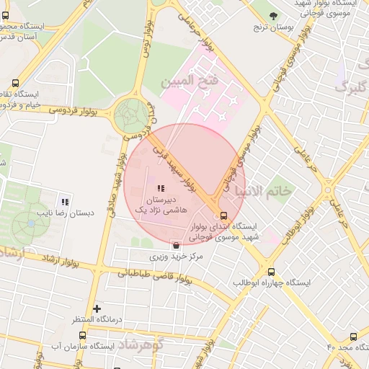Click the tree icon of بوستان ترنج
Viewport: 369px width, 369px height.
272,16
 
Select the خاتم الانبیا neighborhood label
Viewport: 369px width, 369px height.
264,190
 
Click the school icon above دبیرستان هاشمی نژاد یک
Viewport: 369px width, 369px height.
160,188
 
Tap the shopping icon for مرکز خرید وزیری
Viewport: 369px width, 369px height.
175,245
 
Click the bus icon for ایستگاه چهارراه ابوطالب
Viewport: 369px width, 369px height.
271,272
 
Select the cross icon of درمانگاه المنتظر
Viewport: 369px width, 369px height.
97,308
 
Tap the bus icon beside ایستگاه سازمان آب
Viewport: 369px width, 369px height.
83,335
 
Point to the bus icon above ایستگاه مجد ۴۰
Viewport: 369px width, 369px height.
353,337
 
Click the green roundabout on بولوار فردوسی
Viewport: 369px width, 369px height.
130,115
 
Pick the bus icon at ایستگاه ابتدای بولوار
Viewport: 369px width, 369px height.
223,215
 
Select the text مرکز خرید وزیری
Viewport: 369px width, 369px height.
177,256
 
